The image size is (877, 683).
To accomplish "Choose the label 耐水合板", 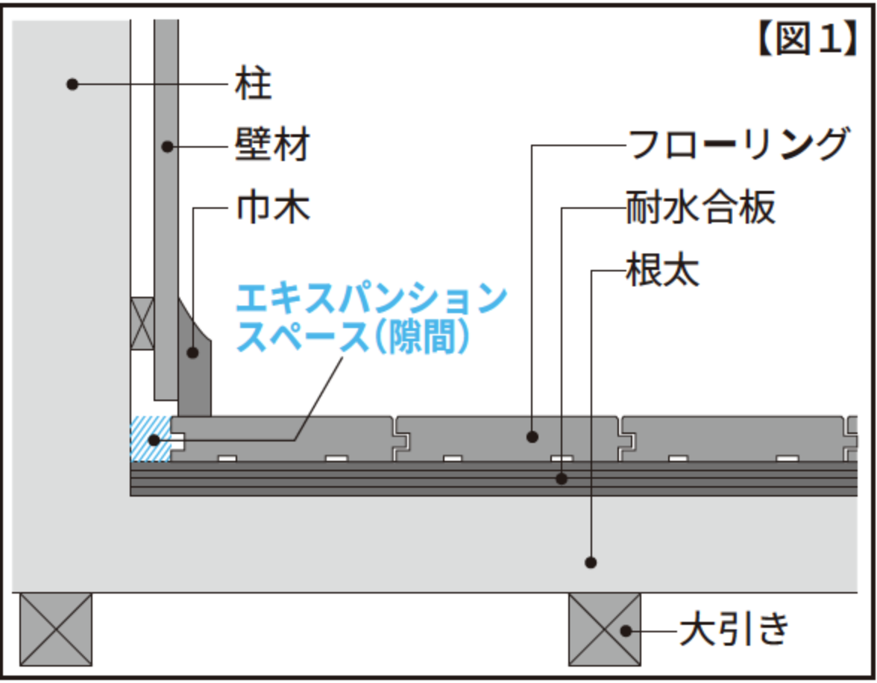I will click(x=701, y=210).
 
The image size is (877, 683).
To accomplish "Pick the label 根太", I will click(x=663, y=272).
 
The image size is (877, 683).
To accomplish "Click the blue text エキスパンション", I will click(x=371, y=299).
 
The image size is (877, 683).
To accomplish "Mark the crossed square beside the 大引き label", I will click(x=605, y=629).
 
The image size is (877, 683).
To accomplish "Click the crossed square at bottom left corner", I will click(x=56, y=629).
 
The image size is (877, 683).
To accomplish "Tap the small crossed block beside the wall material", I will click(x=142, y=324).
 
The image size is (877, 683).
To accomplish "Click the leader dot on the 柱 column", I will click(x=72, y=84).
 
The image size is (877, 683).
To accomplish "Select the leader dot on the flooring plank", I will click(x=532, y=437).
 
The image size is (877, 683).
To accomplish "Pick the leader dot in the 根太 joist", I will click(x=591, y=561).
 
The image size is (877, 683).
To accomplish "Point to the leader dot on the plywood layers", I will click(x=563, y=479).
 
